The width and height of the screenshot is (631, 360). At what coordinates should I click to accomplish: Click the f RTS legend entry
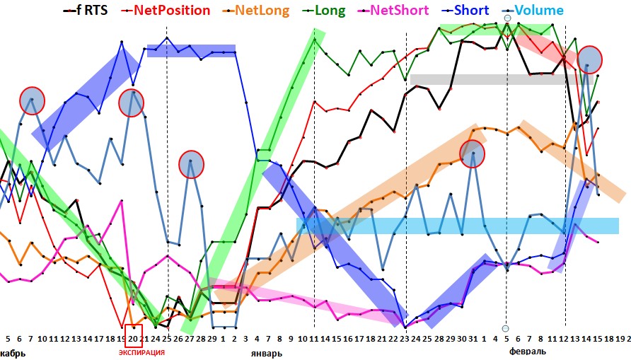[86, 11]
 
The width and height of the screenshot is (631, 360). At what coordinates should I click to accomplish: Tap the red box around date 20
[133, 338]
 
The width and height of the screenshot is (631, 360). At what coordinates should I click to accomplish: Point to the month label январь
[267, 352]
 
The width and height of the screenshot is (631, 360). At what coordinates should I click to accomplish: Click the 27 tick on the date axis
[190, 339]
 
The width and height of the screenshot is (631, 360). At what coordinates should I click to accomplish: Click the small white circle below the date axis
[506, 328]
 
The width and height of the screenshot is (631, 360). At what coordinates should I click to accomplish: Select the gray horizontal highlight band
[488, 79]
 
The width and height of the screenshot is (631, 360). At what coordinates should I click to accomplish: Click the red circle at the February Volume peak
[589, 59]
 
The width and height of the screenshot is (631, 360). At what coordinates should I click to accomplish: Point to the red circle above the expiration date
[132, 103]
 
